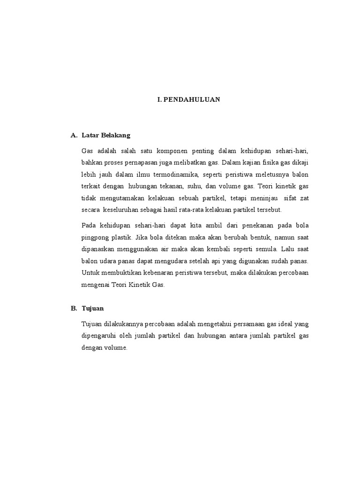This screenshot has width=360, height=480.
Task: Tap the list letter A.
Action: point(73,135)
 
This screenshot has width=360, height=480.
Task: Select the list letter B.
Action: point(73,308)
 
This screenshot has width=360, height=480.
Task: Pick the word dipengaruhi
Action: point(100,336)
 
